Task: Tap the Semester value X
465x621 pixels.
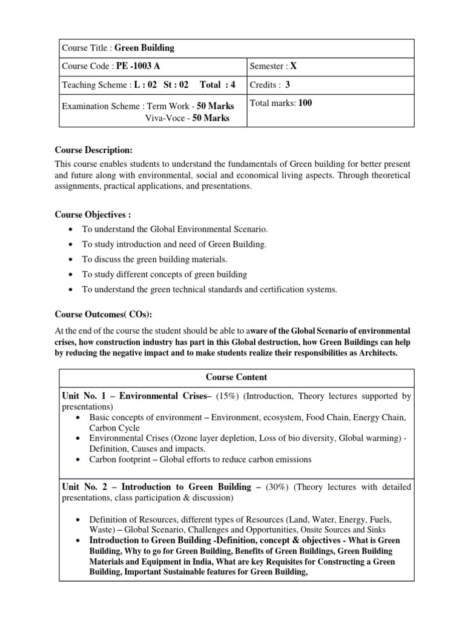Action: [x=294, y=65]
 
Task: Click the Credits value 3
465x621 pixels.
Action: [x=288, y=85]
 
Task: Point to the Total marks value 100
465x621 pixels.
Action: [x=305, y=103]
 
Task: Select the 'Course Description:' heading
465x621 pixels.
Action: [x=93, y=150]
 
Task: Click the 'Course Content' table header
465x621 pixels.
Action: [x=236, y=377]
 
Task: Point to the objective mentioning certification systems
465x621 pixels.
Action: [x=209, y=290]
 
